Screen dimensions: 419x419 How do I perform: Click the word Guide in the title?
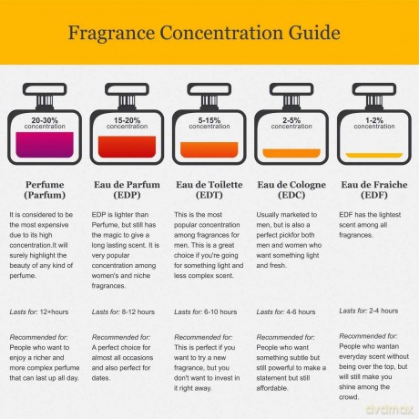(314, 33)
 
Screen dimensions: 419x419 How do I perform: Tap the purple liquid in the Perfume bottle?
(45, 145)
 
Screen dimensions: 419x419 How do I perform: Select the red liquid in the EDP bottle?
(127, 147)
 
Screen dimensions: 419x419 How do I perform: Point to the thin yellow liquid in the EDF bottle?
(374, 155)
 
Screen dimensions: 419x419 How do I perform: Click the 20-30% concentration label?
(45, 123)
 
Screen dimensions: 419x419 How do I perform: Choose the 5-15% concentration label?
(209, 123)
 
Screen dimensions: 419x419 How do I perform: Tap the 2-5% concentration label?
(291, 123)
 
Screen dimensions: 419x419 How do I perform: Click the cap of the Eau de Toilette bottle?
(209, 89)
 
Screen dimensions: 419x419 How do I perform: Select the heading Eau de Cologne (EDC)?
(291, 189)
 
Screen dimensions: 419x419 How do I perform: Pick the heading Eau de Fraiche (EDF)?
(374, 189)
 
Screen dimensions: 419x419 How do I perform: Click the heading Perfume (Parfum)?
(45, 189)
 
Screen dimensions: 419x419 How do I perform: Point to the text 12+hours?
(54, 312)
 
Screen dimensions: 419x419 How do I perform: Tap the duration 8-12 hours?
(138, 312)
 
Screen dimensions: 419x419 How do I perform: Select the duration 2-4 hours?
(383, 311)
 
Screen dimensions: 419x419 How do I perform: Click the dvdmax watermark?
(389, 410)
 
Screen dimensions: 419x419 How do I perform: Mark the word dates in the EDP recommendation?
(101, 378)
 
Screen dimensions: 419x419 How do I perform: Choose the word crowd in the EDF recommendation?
(349, 397)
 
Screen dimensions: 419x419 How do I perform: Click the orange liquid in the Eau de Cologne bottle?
(291, 153)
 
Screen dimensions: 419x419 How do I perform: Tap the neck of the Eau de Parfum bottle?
(127, 101)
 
